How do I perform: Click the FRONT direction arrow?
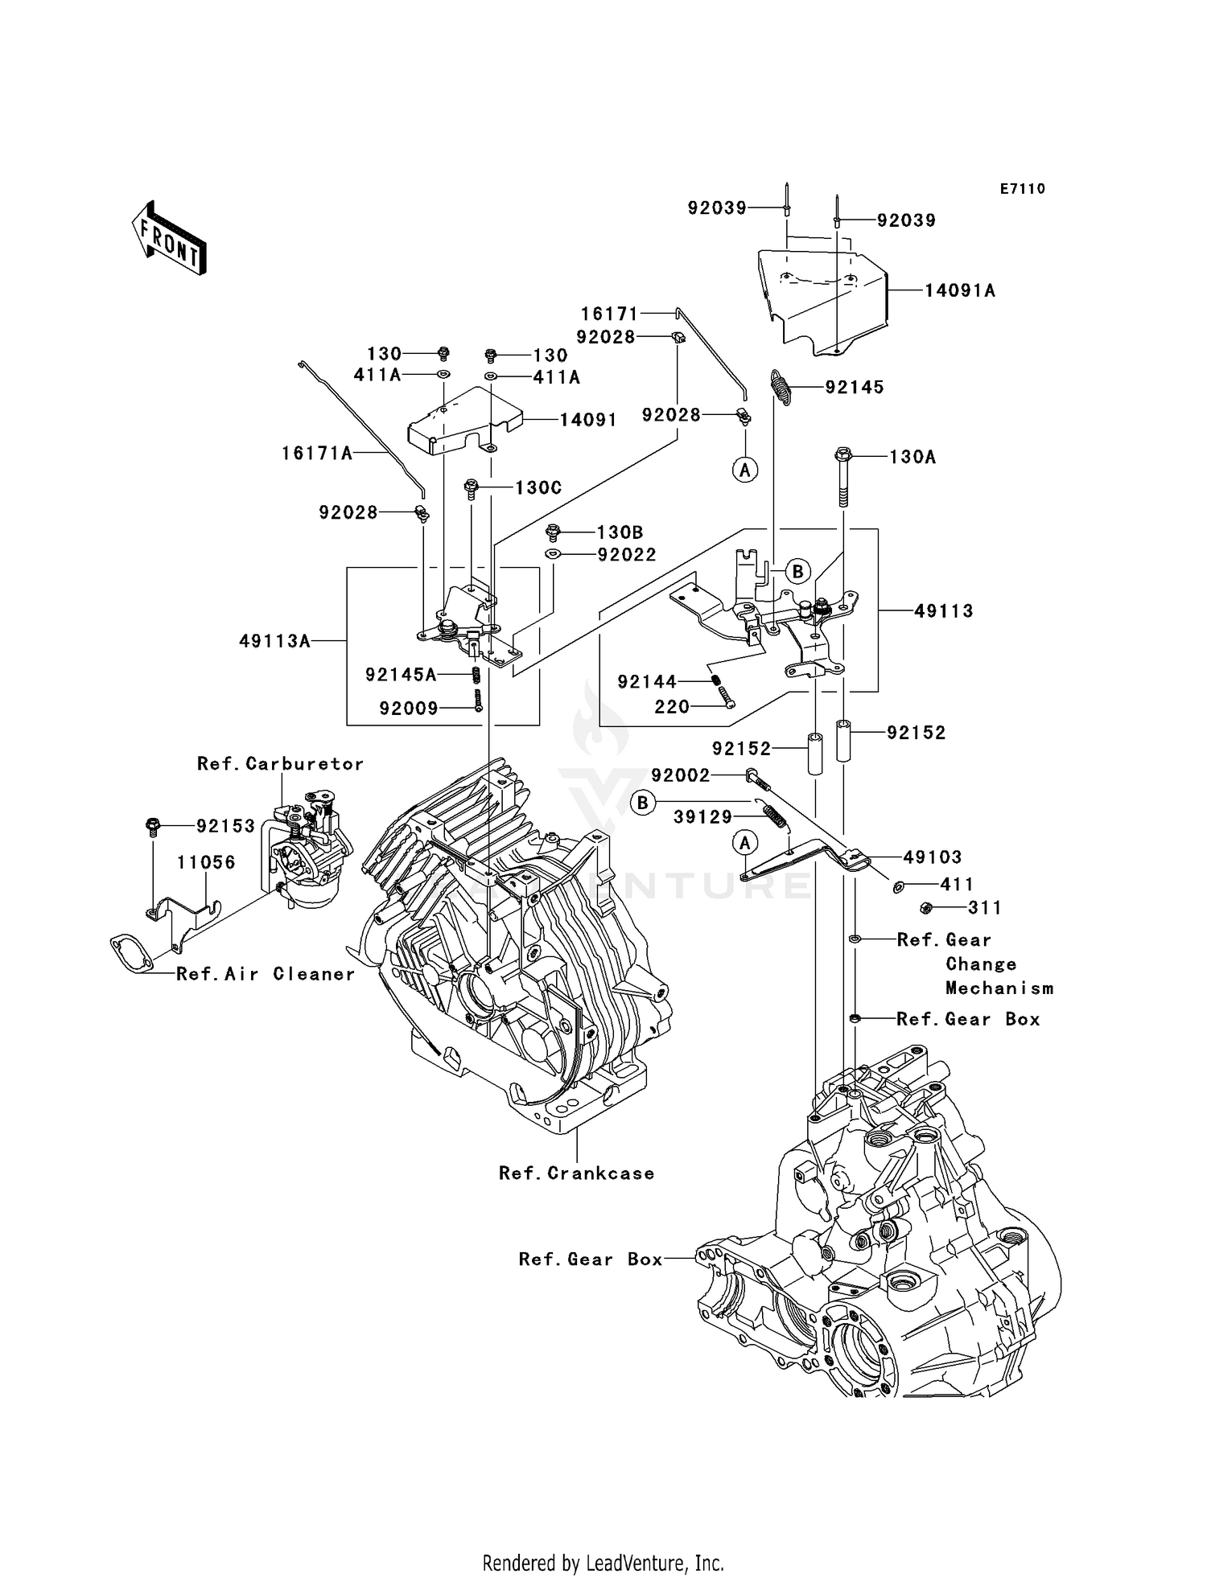coord(169,239)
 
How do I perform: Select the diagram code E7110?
coord(1022,189)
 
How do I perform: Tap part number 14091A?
coord(959,290)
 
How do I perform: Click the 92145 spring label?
coord(855,388)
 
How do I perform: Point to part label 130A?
coord(912,457)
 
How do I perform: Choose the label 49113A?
coord(274,641)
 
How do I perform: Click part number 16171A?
coord(317,454)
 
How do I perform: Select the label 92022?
coord(627,555)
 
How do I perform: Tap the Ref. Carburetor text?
coord(280,763)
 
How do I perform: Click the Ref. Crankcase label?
coord(576,1173)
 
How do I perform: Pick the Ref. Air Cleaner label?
coord(266,974)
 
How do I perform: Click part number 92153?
coord(226,826)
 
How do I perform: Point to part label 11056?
coord(206,862)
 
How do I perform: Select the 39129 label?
coord(702,817)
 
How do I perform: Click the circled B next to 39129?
coord(643,803)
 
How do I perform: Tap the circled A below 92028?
coord(745,469)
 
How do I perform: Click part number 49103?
coord(932,857)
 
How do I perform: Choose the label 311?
coord(985,908)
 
